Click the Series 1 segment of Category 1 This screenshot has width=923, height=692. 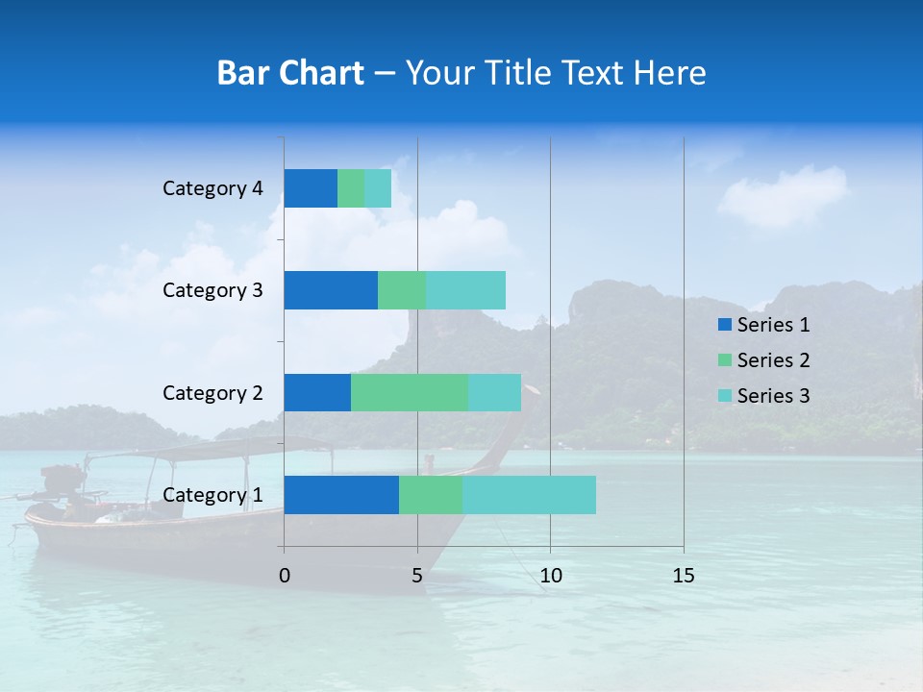point(341,495)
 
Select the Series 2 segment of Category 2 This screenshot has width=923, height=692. point(410,392)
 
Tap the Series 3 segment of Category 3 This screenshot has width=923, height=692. point(465,290)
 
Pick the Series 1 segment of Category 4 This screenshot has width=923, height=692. point(311,188)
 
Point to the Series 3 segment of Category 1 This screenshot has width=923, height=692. point(529,495)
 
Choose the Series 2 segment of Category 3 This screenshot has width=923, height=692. point(402,290)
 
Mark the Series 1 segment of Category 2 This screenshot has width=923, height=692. point(317,392)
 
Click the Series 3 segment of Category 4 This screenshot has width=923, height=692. point(378,188)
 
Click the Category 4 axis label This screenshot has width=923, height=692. point(212,188)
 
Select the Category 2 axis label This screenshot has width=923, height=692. point(212,392)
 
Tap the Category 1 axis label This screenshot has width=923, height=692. point(212,495)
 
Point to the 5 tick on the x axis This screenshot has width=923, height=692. point(417,576)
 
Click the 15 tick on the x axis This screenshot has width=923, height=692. point(684,576)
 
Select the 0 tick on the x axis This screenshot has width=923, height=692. point(285,576)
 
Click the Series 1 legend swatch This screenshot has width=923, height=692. point(724,325)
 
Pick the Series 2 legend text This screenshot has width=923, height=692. point(773,360)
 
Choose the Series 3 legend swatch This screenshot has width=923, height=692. point(724,396)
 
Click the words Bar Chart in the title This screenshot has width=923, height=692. point(290,73)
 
